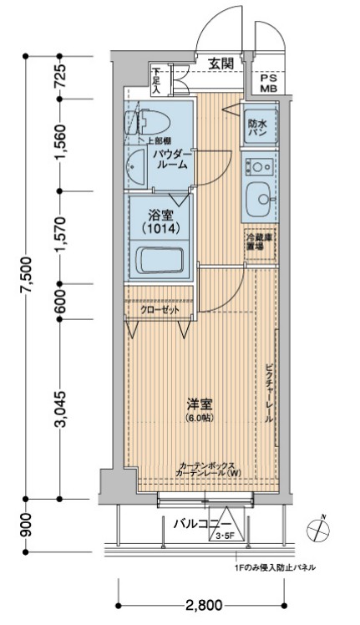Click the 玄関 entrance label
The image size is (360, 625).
(x=221, y=63)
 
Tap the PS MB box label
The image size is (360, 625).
(x=269, y=82)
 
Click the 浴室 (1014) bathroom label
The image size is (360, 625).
(x=157, y=220)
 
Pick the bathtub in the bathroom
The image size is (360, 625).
(x=159, y=261)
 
